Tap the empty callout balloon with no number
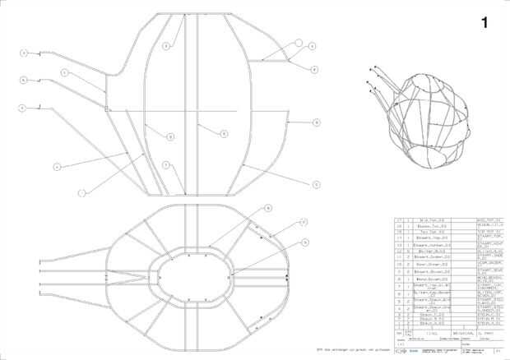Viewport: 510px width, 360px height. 299,42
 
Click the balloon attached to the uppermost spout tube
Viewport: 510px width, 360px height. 25,53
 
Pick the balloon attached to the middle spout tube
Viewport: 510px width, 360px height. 25,80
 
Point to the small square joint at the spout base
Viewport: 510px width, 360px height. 107,108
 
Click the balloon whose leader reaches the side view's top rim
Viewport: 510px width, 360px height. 165,47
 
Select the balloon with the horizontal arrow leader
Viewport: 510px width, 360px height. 317,122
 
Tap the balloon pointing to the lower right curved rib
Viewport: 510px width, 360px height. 317,185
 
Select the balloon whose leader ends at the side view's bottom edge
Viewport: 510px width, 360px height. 81,193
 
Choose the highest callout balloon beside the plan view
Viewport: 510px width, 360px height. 268,209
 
